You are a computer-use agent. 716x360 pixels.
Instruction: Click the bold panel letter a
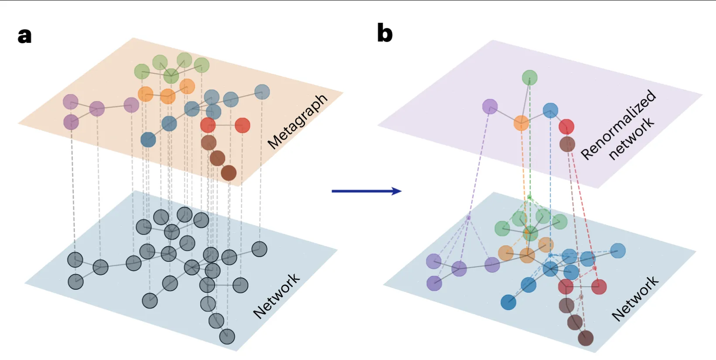[24, 35]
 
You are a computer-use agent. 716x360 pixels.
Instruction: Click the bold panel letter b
[384, 33]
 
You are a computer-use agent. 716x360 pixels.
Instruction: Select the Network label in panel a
[276, 296]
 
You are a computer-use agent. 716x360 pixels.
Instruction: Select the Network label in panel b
[635, 299]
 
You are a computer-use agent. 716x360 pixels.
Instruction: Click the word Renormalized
[618, 124]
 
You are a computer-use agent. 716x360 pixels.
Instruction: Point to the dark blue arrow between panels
[366, 191]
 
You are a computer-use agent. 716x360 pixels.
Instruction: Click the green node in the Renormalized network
[530, 78]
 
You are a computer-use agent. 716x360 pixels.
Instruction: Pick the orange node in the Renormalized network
[521, 123]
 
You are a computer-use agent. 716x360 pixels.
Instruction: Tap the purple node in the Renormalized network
[490, 106]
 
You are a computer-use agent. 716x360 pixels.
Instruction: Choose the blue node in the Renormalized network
[551, 110]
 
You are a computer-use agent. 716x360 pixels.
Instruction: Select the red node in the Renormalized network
[566, 127]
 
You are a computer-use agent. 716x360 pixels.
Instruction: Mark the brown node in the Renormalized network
[567, 144]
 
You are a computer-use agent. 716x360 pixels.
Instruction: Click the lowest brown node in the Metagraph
[229, 173]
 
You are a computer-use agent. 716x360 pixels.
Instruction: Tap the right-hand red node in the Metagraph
[242, 126]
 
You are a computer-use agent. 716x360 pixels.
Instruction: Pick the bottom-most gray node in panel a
[227, 336]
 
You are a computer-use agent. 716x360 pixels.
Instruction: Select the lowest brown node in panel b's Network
[586, 338]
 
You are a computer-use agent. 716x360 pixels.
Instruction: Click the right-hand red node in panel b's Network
[599, 287]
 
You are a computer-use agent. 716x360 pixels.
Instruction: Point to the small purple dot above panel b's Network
[469, 217]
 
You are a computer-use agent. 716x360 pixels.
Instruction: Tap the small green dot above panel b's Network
[529, 197]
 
